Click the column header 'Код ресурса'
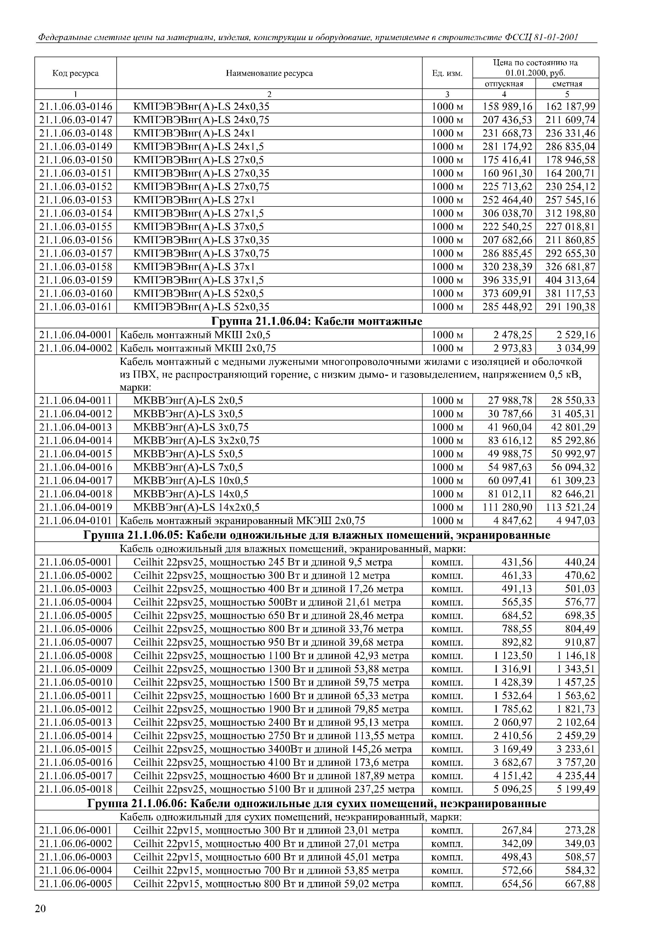76,73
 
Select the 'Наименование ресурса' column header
269,73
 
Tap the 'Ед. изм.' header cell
447,73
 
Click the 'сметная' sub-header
567,84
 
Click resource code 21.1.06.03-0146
76,107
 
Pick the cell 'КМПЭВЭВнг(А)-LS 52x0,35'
202,307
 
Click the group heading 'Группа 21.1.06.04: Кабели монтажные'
317,321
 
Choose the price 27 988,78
510,400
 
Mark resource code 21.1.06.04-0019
76,507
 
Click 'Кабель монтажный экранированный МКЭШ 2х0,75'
242,521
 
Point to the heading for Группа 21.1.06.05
317,535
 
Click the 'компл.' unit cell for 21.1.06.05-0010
447,682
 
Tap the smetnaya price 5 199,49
576,789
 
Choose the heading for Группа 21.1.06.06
317,803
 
